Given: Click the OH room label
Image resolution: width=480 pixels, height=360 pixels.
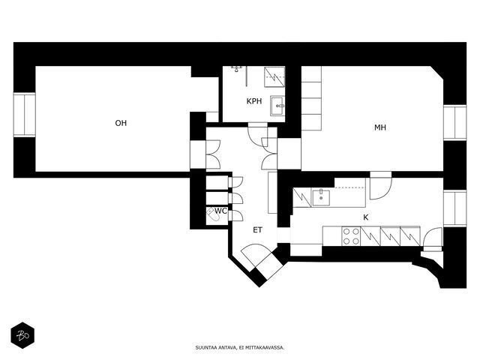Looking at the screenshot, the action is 121,123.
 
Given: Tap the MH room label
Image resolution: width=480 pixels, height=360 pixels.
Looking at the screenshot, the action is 380,127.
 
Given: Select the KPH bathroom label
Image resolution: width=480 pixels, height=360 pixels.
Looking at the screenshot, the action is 254,101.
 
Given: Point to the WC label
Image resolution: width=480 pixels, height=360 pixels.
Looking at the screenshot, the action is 220,211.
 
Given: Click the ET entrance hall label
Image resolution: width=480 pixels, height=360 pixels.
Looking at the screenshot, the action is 257,230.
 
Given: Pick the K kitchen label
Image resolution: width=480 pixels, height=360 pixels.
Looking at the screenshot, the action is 365,217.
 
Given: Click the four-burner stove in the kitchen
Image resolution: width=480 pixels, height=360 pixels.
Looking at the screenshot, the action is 351,236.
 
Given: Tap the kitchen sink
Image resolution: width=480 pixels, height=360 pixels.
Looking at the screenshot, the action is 321,197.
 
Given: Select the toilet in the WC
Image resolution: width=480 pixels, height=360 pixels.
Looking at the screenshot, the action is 213,214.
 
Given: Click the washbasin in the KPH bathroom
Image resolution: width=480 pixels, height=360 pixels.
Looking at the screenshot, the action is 277,106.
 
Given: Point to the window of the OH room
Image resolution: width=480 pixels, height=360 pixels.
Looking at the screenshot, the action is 24,115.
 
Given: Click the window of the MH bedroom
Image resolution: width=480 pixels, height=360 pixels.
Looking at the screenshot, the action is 455,122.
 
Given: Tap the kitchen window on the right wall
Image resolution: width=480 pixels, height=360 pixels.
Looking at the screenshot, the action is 455,208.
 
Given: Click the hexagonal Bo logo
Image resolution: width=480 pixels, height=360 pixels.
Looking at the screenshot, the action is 22,335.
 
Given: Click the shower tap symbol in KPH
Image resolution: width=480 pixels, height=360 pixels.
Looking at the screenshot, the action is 237,68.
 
